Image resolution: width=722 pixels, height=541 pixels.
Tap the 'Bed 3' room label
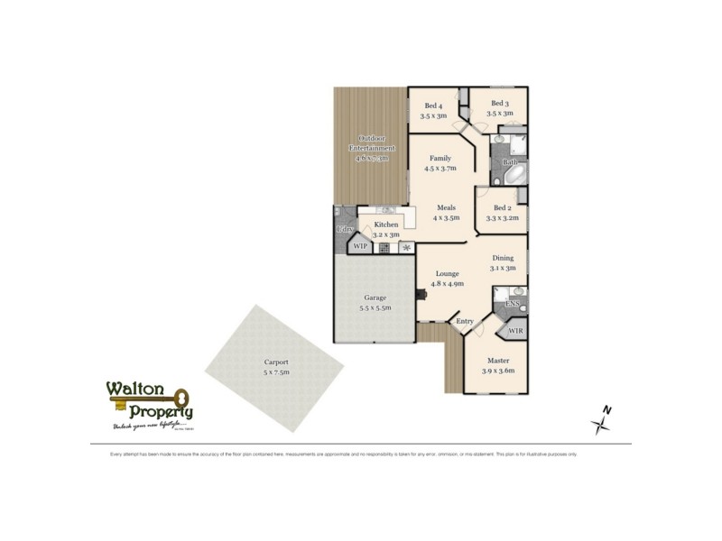499,104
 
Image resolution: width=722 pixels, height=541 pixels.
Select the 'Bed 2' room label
503,207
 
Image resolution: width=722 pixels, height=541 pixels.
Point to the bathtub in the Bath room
511,172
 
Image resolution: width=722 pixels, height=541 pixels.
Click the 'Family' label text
440,159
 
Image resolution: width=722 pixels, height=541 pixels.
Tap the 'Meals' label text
446,207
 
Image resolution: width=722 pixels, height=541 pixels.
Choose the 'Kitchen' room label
386,225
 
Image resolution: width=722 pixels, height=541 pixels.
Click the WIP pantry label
360,245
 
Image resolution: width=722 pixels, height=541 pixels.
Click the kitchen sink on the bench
378,210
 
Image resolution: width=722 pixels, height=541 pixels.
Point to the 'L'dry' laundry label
344,230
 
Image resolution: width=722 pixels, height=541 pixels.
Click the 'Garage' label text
375,298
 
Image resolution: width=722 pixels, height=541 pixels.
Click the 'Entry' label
465,321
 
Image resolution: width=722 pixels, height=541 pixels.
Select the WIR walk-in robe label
515,331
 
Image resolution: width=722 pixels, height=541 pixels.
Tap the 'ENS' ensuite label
512,305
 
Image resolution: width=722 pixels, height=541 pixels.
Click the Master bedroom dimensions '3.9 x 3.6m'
497,371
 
